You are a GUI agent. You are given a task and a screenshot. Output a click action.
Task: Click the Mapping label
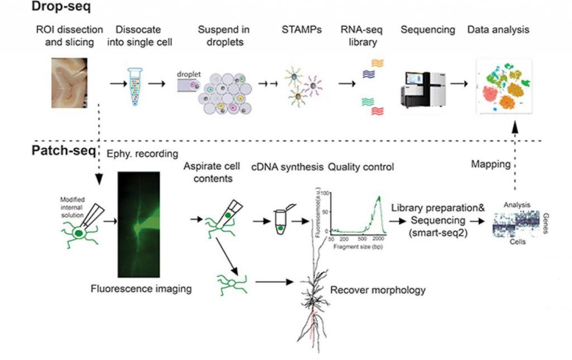tap(490, 165)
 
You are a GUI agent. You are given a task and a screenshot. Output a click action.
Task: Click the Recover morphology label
tap(378, 290)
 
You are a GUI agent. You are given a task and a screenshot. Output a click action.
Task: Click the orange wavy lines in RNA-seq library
tap(378, 63)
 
